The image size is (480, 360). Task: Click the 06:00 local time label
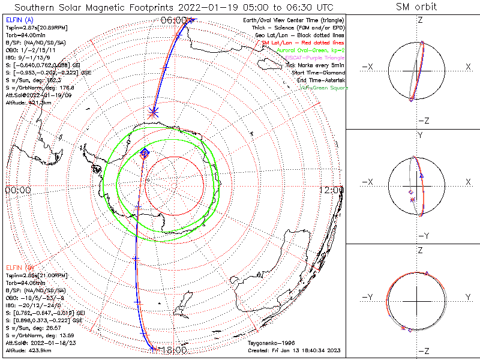click(x=173, y=20)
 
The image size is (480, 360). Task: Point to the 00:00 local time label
click(x=18, y=190)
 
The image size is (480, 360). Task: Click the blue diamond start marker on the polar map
click(x=145, y=154)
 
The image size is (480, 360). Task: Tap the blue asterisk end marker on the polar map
click(x=154, y=111)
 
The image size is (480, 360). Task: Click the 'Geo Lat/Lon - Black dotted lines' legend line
click(x=299, y=35)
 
